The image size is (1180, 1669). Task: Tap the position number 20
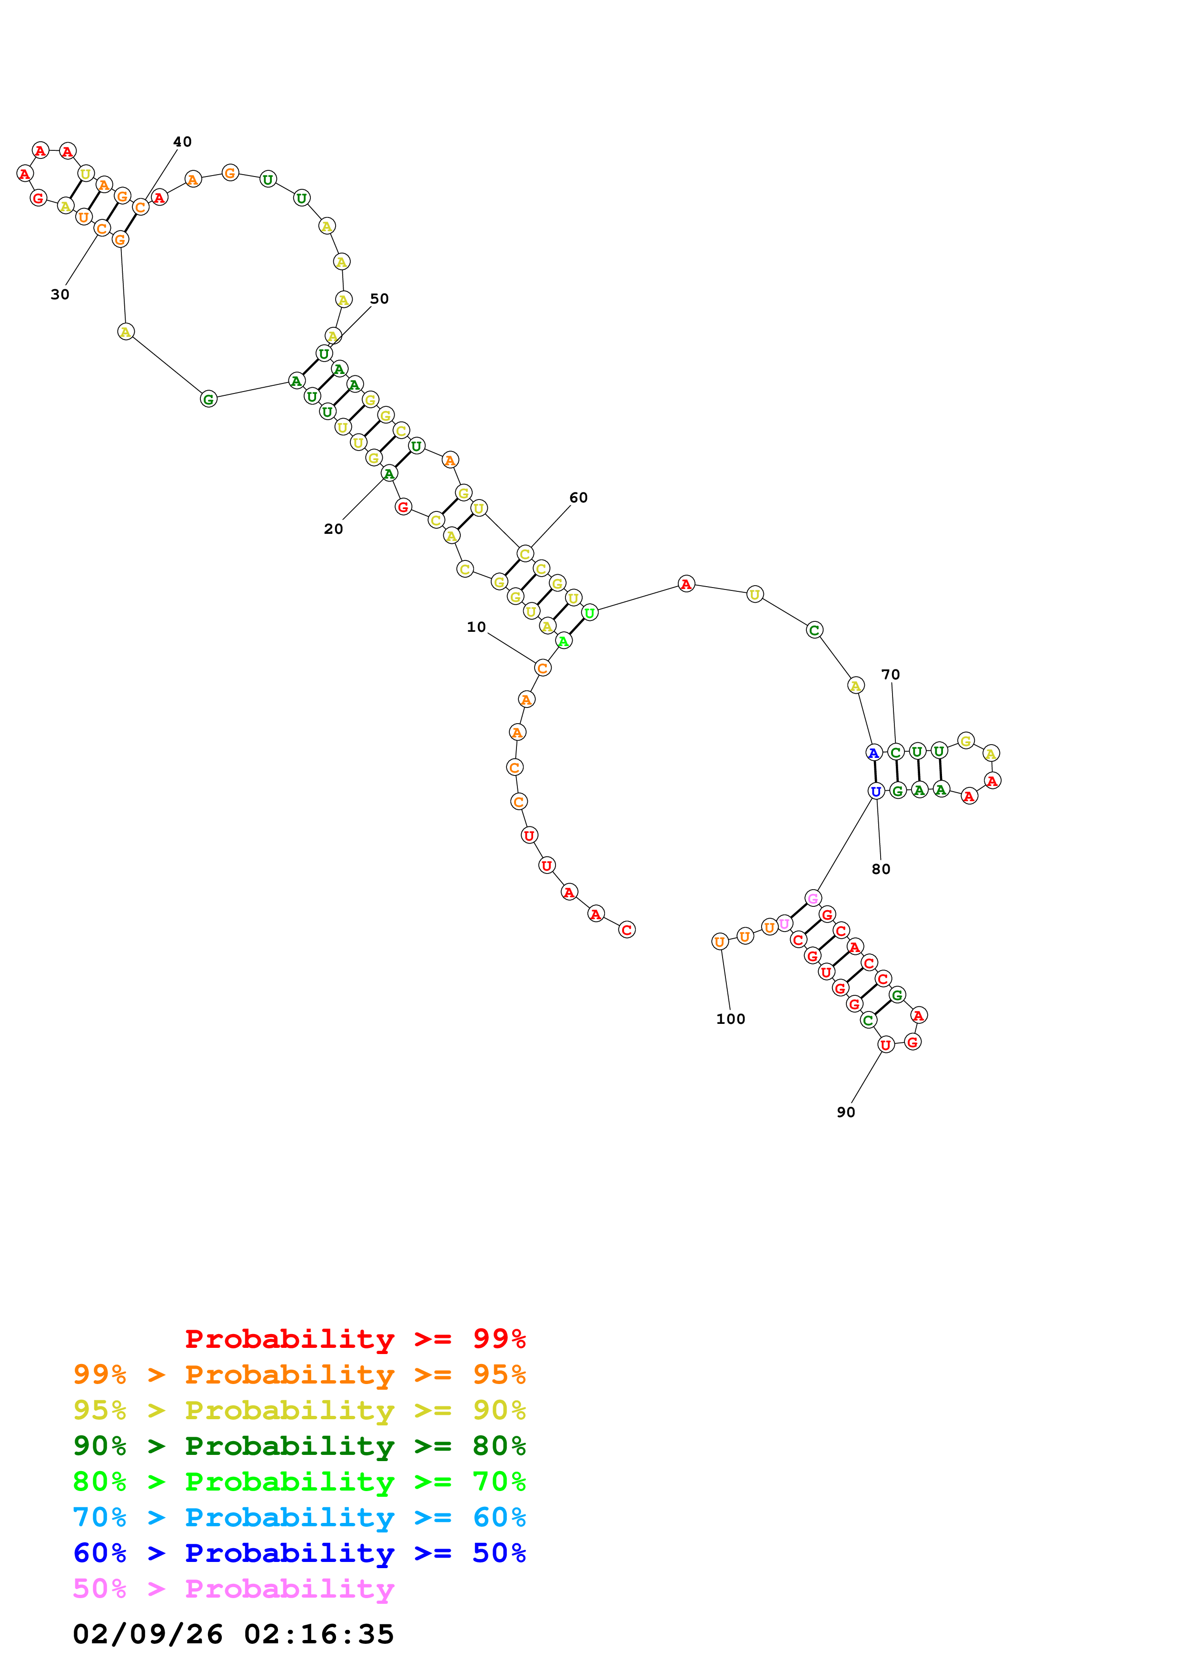click(x=333, y=529)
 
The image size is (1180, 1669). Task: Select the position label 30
click(x=59, y=295)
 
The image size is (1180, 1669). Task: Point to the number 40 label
click(x=182, y=142)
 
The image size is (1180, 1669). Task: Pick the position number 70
click(x=890, y=675)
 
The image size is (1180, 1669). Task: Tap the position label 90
click(x=845, y=1112)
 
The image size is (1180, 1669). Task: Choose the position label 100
click(x=730, y=1019)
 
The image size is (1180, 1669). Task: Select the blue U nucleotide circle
click(x=876, y=791)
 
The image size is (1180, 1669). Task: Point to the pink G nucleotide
click(x=813, y=898)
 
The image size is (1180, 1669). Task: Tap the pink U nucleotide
click(x=784, y=924)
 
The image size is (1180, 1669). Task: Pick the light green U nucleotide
click(x=590, y=613)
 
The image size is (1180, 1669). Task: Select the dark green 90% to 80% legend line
click(x=299, y=1446)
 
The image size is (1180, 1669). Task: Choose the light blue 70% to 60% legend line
click(x=299, y=1517)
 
